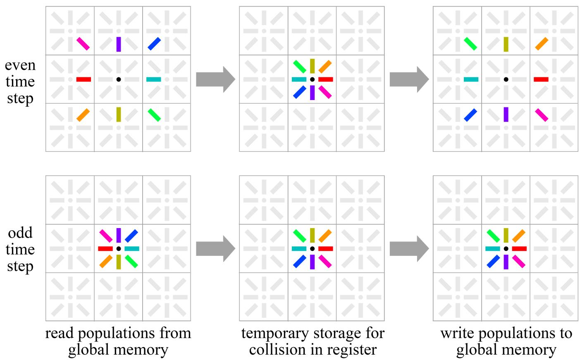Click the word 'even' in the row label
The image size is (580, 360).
pyautogui.click(x=20, y=65)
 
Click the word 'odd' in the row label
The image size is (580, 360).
pyautogui.click(x=20, y=233)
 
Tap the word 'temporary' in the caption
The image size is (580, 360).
pyautogui.click(x=287, y=334)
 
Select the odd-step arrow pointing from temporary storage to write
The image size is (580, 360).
pyautogui.click(x=409, y=248)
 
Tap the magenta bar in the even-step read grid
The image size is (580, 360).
pyautogui.click(x=83, y=43)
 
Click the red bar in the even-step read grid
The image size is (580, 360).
pyautogui.click(x=84, y=79)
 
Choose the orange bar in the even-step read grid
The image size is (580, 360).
pyautogui.click(x=83, y=115)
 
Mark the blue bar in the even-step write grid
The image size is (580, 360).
pyautogui.click(x=470, y=115)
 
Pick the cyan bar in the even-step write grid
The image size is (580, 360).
pyautogui.click(x=471, y=79)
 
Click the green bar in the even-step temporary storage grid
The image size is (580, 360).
pyautogui.click(x=300, y=67)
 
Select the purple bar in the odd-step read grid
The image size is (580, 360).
pyautogui.click(x=119, y=235)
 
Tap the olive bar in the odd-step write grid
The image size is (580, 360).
pyautogui.click(x=506, y=235)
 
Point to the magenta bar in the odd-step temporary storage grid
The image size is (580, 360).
pyautogui.click(x=325, y=261)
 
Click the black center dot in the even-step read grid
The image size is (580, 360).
pyautogui.click(x=119, y=79)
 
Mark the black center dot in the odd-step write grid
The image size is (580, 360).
pyautogui.click(x=506, y=248)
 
